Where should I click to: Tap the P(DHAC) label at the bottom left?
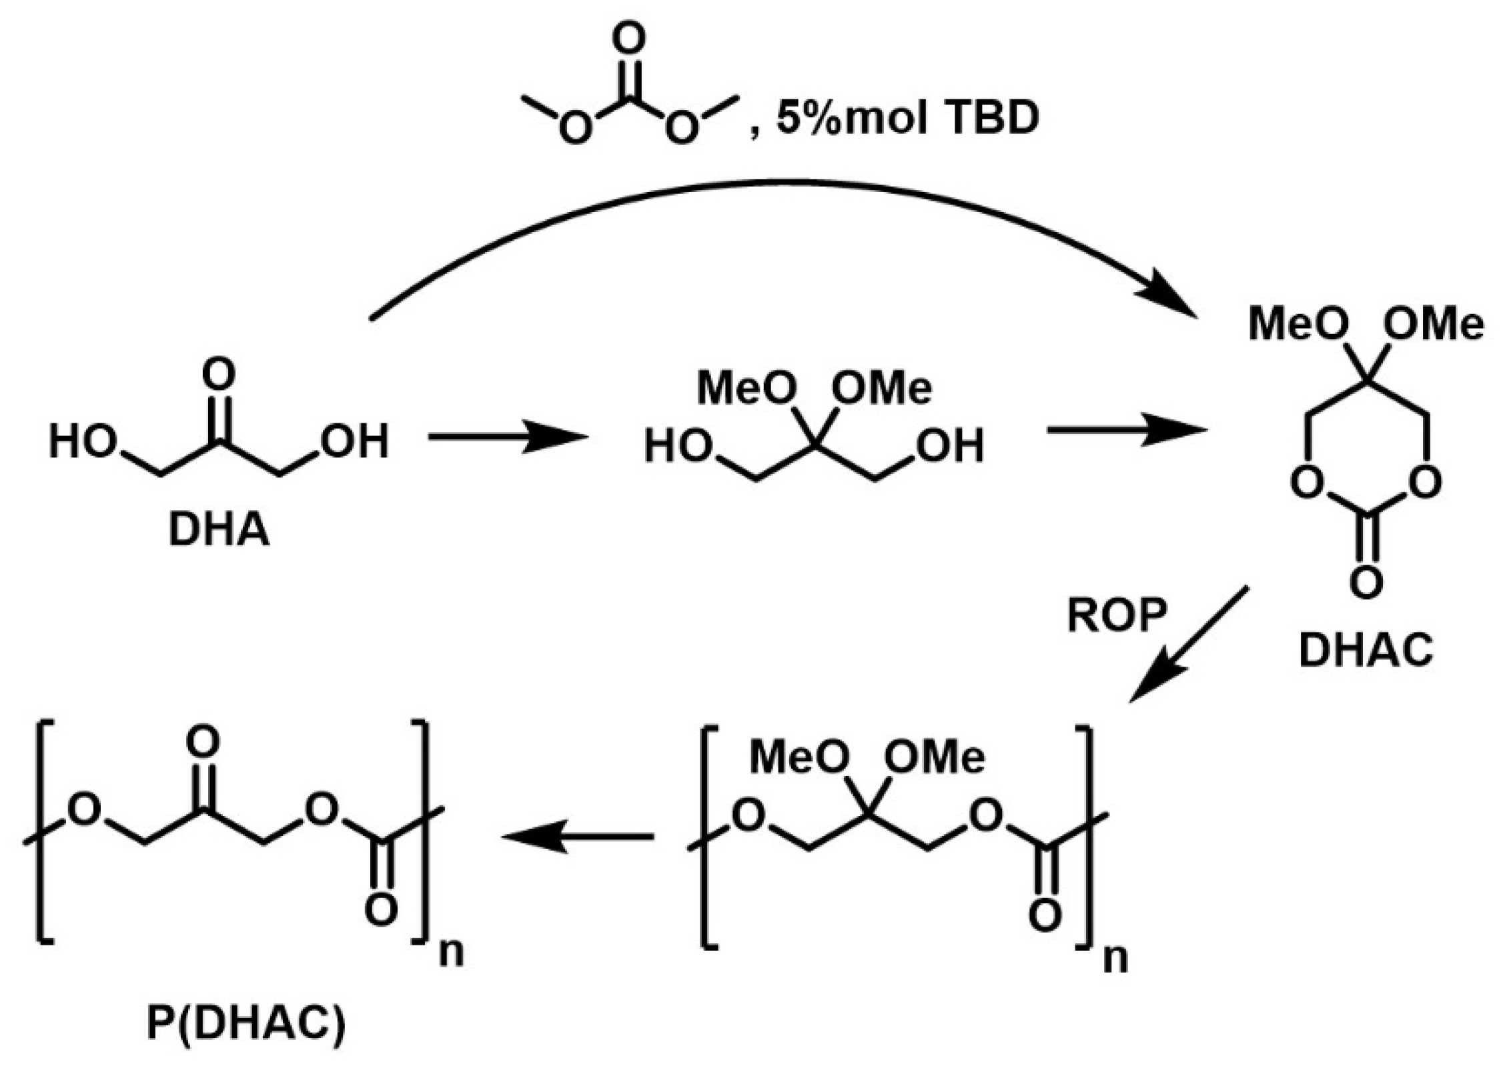246,1024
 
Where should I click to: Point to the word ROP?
1117,614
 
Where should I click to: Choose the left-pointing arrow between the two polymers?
578,836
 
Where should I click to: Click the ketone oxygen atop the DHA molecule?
218,374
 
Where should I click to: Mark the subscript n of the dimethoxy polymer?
1115,958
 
